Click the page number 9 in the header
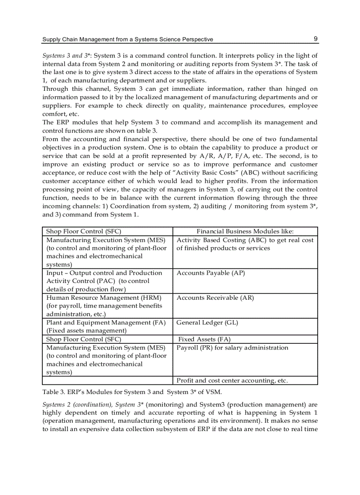pyautogui.click(x=315, y=39)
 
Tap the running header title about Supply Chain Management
pyautogui.click(x=127, y=39)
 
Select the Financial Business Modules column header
pyautogui.click(x=245, y=231)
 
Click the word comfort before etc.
pyautogui.click(x=54, y=114)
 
